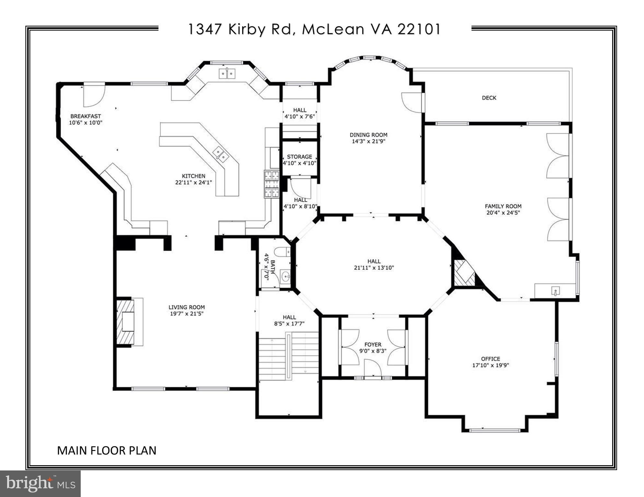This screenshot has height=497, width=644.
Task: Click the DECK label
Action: pyautogui.click(x=489, y=98)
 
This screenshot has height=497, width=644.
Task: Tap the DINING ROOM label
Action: pyautogui.click(x=368, y=135)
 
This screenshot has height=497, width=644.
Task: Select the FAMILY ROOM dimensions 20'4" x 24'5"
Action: pyautogui.click(x=503, y=213)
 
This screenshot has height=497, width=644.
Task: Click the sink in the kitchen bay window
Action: pyautogui.click(x=227, y=74)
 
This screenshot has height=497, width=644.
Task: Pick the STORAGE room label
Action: pyautogui.click(x=299, y=157)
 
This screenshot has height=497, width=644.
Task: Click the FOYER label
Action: pyautogui.click(x=373, y=345)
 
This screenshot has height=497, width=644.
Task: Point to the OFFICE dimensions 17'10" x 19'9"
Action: pyautogui.click(x=490, y=365)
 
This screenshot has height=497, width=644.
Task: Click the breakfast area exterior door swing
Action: pyautogui.click(x=94, y=96)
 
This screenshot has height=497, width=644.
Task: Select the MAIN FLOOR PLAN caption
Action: pyautogui.click(x=107, y=450)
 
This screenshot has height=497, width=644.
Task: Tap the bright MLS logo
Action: pyautogui.click(x=40, y=484)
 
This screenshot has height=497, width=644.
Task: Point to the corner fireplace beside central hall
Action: pyautogui.click(x=463, y=273)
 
